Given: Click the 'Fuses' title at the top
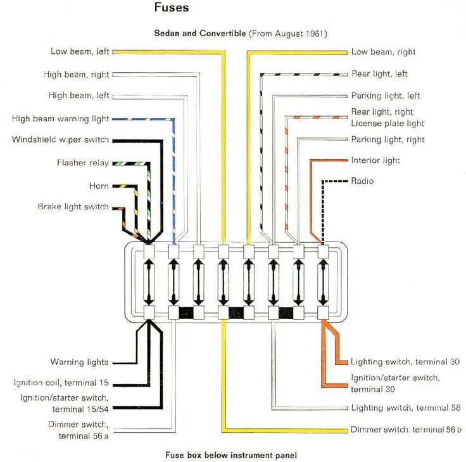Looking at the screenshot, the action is pos(172,8).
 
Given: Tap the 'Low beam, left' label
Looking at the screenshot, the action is pos(80,51).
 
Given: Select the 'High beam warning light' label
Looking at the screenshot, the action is pos(60,119).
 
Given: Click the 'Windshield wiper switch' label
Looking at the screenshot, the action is pos(60,139).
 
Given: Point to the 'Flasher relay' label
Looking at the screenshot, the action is pos(83,163).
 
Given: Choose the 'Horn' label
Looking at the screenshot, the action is pos(99,186).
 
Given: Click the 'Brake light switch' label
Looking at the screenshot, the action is pos(73,207).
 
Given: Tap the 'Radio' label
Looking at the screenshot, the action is pos(362,181).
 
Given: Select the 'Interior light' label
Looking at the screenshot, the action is pos(375,160).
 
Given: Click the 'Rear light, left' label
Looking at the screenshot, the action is pos(379,74).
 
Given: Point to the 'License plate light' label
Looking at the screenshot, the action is pos(387,124).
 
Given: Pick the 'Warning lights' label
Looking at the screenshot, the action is pos(79,362).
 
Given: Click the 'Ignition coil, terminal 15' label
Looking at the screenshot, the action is pos(61,383).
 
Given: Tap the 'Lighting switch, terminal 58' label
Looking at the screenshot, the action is pos(406,407).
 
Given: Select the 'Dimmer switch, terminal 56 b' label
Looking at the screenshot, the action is pos(406,430).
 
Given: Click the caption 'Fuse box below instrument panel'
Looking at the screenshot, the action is pos(231,455).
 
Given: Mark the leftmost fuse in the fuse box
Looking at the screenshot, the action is pos(149,282).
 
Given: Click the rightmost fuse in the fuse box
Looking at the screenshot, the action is pos(323,282).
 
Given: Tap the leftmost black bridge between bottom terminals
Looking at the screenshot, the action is pos(186,313).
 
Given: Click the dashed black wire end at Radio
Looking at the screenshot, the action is pos(346,181).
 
